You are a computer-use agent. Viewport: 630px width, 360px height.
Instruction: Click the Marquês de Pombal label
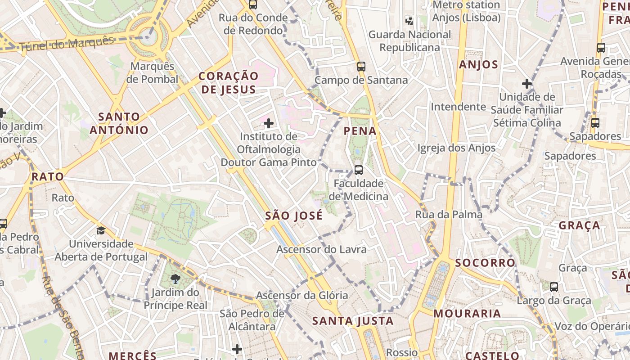pyautogui.click(x=152, y=72)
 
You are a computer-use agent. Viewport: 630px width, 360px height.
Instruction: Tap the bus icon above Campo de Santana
pyautogui.click(x=361, y=67)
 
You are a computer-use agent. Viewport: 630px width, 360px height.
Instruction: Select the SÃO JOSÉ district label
pyautogui.click(x=294, y=216)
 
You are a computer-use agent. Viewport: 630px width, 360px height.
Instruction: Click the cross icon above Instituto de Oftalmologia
pyautogui.click(x=269, y=123)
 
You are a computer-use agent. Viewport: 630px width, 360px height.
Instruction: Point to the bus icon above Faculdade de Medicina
pyautogui.click(x=358, y=170)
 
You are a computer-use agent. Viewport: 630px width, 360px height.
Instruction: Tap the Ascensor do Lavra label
pyautogui.click(x=321, y=249)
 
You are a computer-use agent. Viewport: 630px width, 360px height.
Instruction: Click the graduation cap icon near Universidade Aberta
pyautogui.click(x=101, y=231)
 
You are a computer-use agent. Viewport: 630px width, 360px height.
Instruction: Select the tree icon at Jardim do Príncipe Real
pyautogui.click(x=175, y=279)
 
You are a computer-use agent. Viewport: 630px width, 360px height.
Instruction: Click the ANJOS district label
pyautogui.click(x=478, y=65)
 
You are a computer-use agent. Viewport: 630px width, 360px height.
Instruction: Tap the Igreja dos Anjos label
pyautogui.click(x=456, y=148)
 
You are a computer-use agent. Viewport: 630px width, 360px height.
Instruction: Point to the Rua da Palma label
pyautogui.click(x=449, y=215)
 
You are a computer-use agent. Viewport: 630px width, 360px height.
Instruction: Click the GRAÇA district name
pyautogui.click(x=579, y=225)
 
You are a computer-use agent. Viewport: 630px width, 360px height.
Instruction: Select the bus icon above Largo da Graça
pyautogui.click(x=554, y=287)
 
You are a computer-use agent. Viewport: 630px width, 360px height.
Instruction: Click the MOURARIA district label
pyautogui.click(x=467, y=314)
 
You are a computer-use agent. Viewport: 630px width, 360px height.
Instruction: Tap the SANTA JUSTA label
pyautogui.click(x=353, y=321)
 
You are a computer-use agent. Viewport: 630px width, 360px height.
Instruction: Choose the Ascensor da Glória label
pyautogui.click(x=302, y=295)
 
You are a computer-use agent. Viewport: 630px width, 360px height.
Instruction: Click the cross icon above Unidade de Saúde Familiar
pyautogui.click(x=526, y=84)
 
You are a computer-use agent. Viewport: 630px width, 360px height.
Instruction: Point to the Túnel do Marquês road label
pyautogui.click(x=67, y=43)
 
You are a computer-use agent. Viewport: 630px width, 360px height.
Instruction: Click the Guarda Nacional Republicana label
pyautogui.click(x=409, y=41)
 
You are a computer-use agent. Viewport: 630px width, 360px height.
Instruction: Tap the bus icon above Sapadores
pyautogui.click(x=595, y=122)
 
